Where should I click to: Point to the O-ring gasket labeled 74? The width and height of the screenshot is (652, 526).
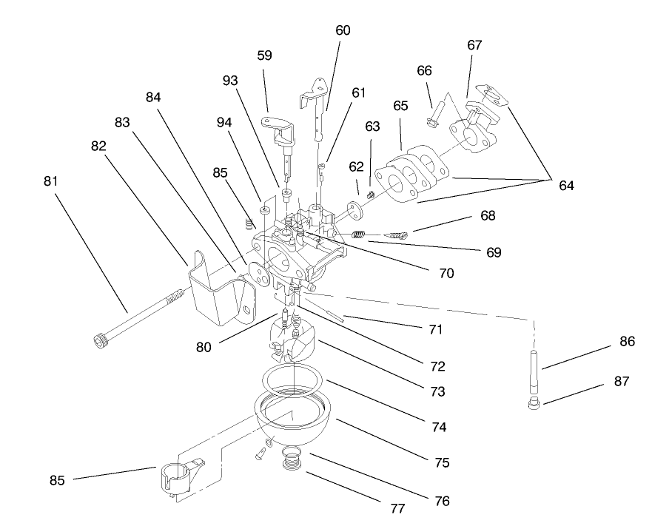(294, 382)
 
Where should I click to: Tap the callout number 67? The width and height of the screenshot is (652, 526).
(474, 45)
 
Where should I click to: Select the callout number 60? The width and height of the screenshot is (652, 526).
(343, 30)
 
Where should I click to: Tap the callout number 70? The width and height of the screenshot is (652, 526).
(445, 272)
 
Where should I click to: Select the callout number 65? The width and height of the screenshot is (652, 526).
(400, 106)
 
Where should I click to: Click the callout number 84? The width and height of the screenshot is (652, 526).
(154, 98)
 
